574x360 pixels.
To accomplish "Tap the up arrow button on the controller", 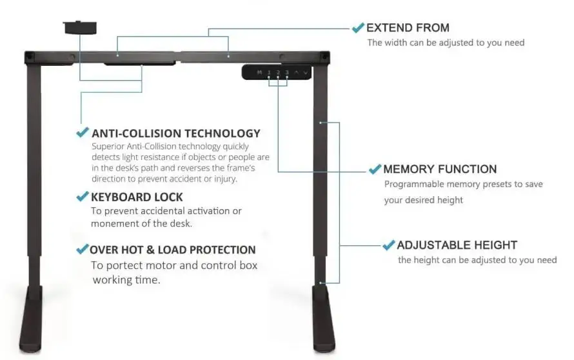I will click(297, 72).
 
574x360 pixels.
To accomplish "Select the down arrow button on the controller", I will click(305, 72).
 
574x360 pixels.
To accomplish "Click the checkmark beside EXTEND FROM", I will click(358, 28).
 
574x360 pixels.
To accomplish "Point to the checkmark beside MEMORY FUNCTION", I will click(375, 169).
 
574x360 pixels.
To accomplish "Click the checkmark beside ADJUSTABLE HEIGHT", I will click(388, 245).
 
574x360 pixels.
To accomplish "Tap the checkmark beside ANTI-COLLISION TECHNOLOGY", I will click(83, 133).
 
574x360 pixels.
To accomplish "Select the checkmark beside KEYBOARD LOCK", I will click(83, 196).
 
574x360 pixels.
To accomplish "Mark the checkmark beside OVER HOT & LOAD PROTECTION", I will click(82, 249).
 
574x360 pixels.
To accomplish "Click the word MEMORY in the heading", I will click(409, 170).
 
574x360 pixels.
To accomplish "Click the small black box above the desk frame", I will click(78, 28).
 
